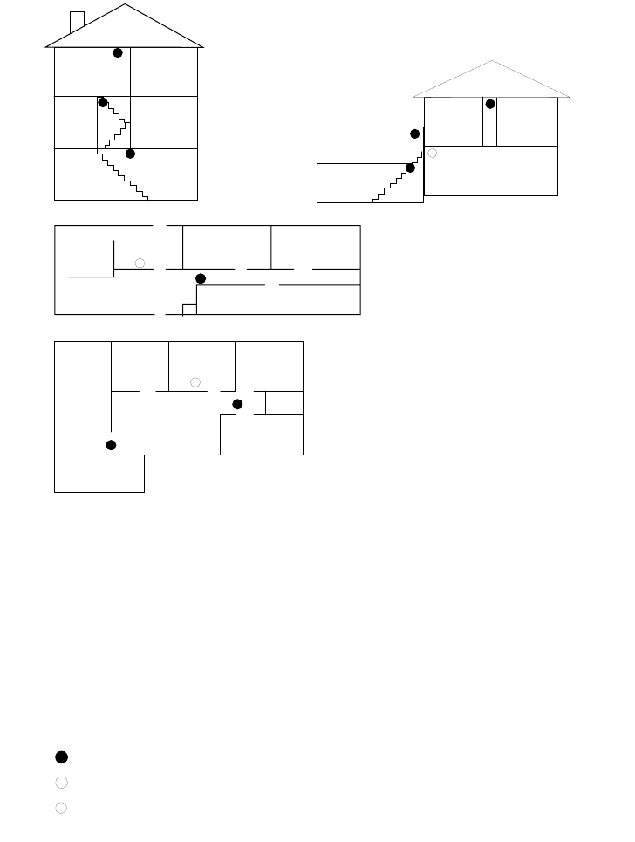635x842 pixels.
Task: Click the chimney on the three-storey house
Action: tap(77, 21)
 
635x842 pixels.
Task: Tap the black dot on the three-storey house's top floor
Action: tap(118, 53)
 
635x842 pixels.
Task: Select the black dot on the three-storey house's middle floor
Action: tap(103, 102)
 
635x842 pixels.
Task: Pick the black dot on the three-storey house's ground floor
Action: tap(130, 154)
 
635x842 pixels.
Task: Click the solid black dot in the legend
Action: tap(61, 756)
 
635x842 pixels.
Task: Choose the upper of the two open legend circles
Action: tap(61, 783)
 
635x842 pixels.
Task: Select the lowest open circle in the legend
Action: tap(61, 808)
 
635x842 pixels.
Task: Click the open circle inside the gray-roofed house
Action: tap(432, 153)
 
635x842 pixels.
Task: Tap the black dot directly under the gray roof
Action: tap(490, 104)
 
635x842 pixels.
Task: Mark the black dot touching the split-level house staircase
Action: tap(410, 168)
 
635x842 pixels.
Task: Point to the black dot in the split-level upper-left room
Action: tap(414, 133)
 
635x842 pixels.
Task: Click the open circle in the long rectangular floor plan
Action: tap(140, 263)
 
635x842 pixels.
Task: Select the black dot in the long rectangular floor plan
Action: tap(200, 277)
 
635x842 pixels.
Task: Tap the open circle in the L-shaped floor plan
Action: tap(195, 382)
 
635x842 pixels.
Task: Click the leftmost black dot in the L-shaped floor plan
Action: tap(111, 445)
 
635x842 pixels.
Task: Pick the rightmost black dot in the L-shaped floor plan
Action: tap(236, 403)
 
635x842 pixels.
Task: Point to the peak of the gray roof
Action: tap(492, 61)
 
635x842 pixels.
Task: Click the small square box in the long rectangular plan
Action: tap(188, 309)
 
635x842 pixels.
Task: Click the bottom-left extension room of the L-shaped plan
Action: tap(99, 474)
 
